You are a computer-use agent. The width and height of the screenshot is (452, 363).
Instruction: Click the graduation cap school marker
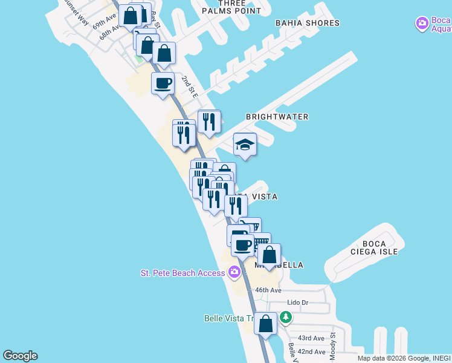click(x=245, y=145)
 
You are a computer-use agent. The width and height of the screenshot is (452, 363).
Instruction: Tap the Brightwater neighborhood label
click(x=277, y=117)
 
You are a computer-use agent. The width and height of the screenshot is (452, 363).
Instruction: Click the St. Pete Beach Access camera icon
click(x=234, y=273)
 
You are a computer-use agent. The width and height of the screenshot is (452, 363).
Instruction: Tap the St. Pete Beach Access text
click(x=182, y=273)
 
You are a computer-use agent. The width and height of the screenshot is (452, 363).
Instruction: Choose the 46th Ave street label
click(x=268, y=290)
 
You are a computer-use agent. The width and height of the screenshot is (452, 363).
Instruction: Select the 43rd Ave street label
click(x=311, y=338)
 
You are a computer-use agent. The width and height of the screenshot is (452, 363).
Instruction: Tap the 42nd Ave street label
click(x=311, y=352)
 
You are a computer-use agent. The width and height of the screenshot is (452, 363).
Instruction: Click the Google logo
click(x=20, y=356)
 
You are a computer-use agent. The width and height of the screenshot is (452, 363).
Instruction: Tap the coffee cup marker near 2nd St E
click(x=163, y=83)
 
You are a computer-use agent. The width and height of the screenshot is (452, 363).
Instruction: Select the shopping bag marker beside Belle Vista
click(x=265, y=323)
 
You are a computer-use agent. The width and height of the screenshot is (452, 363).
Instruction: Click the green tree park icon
click(x=286, y=316)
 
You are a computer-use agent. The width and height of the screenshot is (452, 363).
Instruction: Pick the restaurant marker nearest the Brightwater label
click(x=209, y=121)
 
